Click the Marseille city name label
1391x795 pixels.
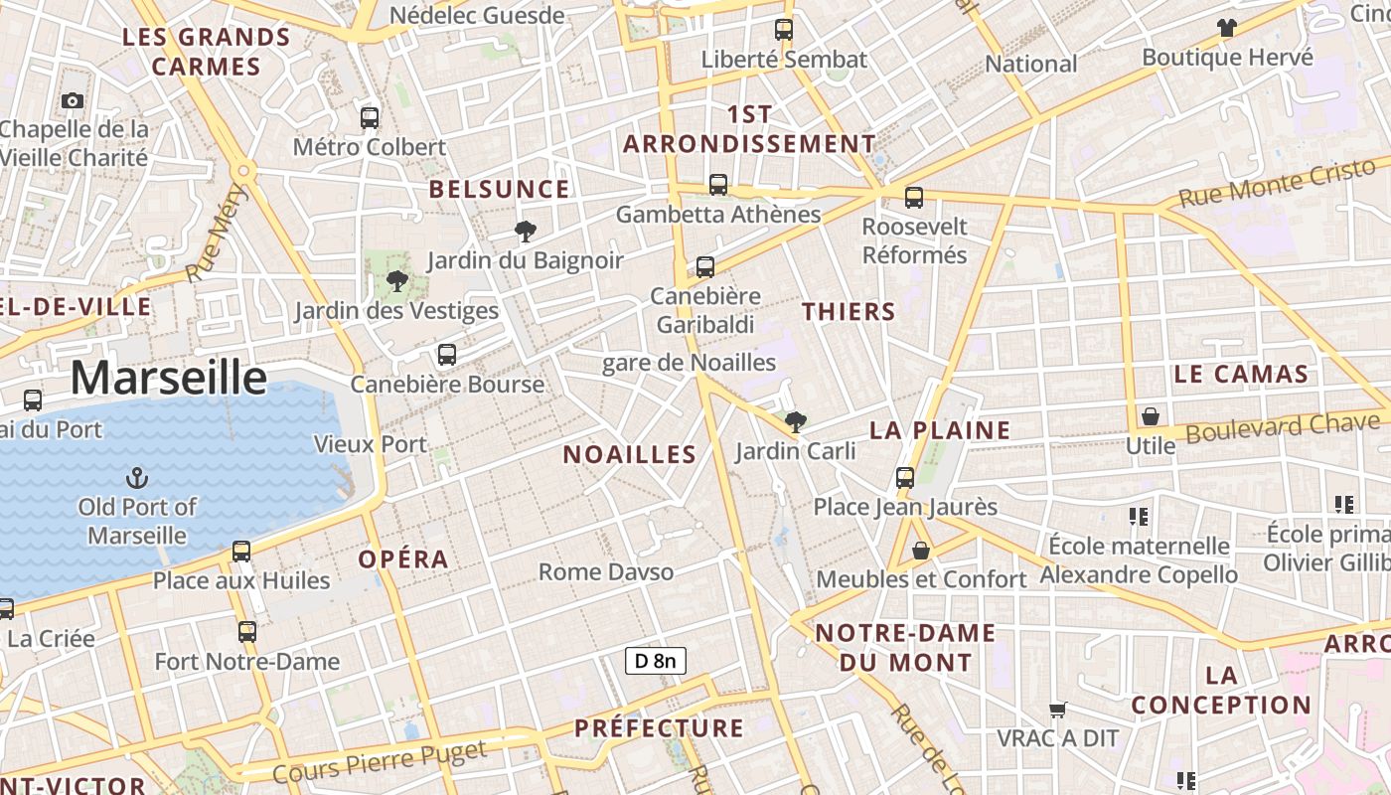pyautogui.click(x=168, y=379)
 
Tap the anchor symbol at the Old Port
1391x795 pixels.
pyautogui.click(x=138, y=478)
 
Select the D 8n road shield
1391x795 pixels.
pyautogui.click(x=656, y=660)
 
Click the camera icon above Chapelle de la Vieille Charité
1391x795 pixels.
pyautogui.click(x=72, y=100)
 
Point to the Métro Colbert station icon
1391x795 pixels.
pyautogui.click(x=370, y=118)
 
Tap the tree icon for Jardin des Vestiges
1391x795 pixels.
pyautogui.click(x=397, y=281)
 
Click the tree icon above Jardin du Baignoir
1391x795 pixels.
pyautogui.click(x=525, y=233)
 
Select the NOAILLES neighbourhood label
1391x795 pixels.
pyautogui.click(x=629, y=455)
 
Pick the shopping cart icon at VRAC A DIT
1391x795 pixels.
pyautogui.click(x=1058, y=710)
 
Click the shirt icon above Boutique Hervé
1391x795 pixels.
pyautogui.click(x=1227, y=28)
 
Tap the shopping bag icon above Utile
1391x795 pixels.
pyautogui.click(x=1150, y=416)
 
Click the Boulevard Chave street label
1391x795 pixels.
pyautogui.click(x=1283, y=427)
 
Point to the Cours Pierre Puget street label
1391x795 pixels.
pyautogui.click(x=379, y=760)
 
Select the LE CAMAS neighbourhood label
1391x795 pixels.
pyautogui.click(x=1241, y=375)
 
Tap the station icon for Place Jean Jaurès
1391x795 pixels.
pyautogui.click(x=905, y=478)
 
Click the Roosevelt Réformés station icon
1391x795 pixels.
pyautogui.click(x=914, y=197)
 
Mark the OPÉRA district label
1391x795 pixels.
pyautogui.click(x=403, y=558)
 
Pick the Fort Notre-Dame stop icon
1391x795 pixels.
pyautogui.click(x=246, y=631)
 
